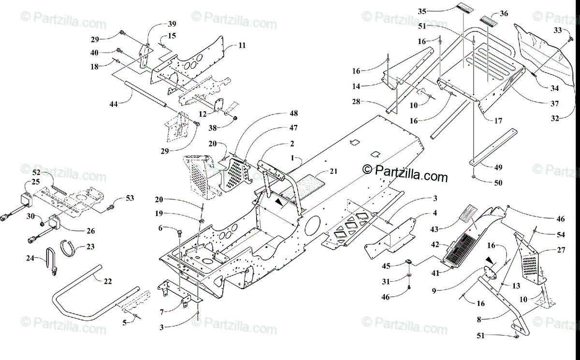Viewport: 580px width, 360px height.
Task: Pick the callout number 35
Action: [422, 11]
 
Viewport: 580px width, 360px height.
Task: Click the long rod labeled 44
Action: [145, 95]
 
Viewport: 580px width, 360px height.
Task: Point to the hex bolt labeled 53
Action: [112, 207]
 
